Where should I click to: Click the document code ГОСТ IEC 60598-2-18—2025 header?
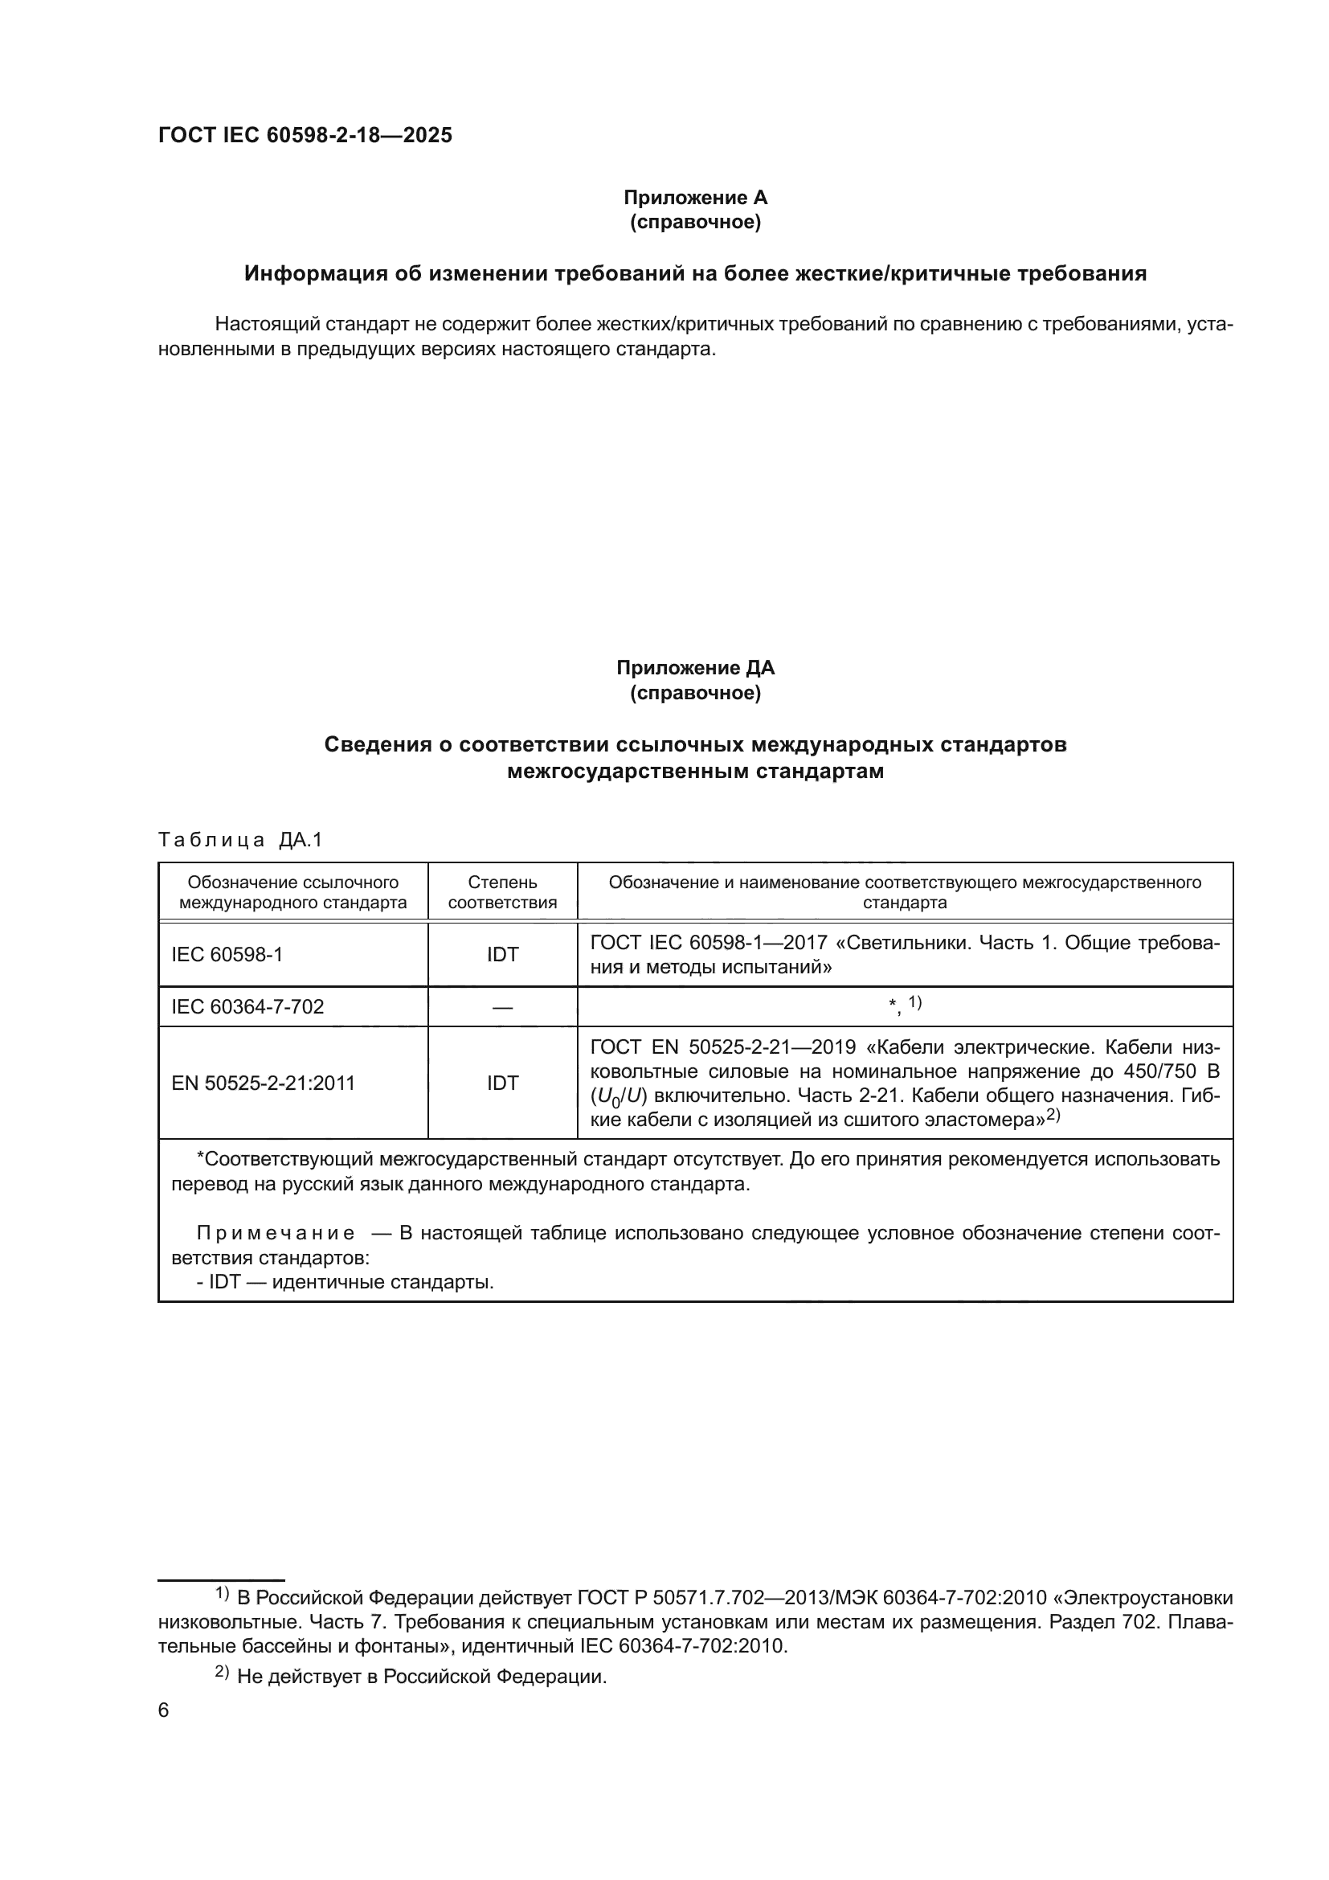click(x=305, y=135)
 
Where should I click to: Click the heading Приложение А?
click(x=695, y=198)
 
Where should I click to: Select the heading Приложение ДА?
click(x=695, y=667)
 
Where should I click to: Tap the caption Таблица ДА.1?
click(x=239, y=839)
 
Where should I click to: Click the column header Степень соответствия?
click(x=501, y=891)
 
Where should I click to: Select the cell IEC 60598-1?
click(x=227, y=954)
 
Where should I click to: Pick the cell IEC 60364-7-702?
click(x=247, y=1006)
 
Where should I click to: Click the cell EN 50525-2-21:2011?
click(x=263, y=1083)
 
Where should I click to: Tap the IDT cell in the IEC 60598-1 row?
click(x=501, y=954)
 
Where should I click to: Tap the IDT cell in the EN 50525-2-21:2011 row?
click(x=501, y=1083)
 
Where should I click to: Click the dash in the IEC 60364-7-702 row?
click(x=501, y=1007)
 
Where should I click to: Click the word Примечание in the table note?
click(x=276, y=1233)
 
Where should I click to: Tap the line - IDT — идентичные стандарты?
click(x=345, y=1281)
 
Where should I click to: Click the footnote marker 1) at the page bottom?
click(x=222, y=1593)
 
